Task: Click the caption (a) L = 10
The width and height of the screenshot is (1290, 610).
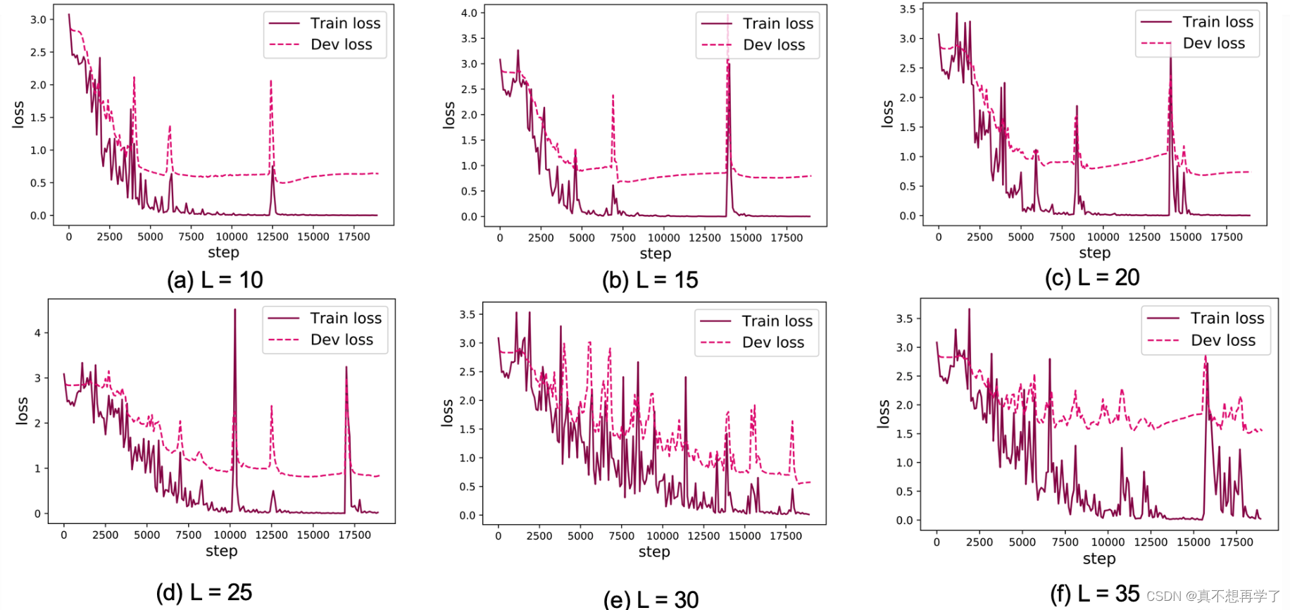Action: coord(215,280)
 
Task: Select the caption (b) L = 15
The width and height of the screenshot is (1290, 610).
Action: coord(650,280)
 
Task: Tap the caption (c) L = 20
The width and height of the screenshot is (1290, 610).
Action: coord(1092,278)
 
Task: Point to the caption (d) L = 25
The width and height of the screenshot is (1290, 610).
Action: coord(204,592)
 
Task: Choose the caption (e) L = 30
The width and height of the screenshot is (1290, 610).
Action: coord(651,599)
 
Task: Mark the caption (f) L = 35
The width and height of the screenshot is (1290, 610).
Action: coord(1095,594)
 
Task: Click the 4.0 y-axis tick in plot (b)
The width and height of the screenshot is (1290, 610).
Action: coord(469,13)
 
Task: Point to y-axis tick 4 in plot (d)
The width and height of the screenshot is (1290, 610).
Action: coord(38,332)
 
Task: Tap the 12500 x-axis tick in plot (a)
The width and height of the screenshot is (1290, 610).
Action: coord(272,237)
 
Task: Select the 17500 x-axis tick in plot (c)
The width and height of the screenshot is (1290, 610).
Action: coord(1226,237)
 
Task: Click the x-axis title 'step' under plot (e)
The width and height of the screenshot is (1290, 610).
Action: coord(654,552)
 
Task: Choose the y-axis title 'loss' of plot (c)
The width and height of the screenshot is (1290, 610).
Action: coord(887,113)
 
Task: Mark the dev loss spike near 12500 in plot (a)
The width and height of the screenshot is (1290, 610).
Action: coord(271,83)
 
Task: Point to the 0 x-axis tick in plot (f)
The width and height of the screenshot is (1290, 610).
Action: coord(937,542)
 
